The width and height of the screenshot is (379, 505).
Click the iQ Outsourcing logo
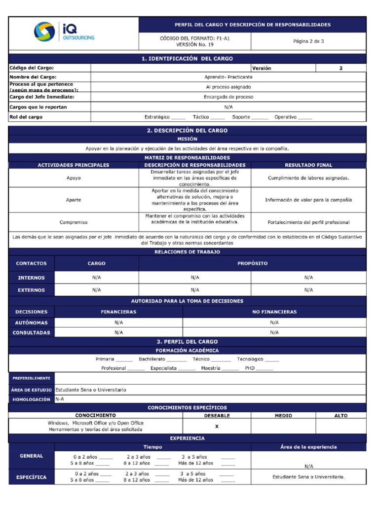[64, 33]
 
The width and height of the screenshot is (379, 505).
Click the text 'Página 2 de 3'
[308, 41]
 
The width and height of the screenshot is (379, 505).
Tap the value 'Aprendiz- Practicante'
[228, 77]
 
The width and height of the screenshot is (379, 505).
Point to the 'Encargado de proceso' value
[228, 97]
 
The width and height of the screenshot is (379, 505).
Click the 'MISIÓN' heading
[187, 139]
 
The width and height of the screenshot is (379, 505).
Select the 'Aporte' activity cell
[74, 200]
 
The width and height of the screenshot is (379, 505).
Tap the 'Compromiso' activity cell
[74, 222]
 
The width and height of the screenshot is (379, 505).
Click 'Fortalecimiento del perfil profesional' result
[308, 222]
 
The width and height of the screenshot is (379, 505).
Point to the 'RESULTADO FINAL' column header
[308, 165]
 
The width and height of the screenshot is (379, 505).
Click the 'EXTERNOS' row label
[32, 290]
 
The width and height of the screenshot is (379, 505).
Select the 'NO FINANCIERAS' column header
[274, 312]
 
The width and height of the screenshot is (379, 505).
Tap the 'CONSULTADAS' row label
[32, 332]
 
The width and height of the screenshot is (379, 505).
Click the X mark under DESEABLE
[217, 426]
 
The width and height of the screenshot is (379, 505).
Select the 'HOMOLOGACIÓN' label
[32, 399]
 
